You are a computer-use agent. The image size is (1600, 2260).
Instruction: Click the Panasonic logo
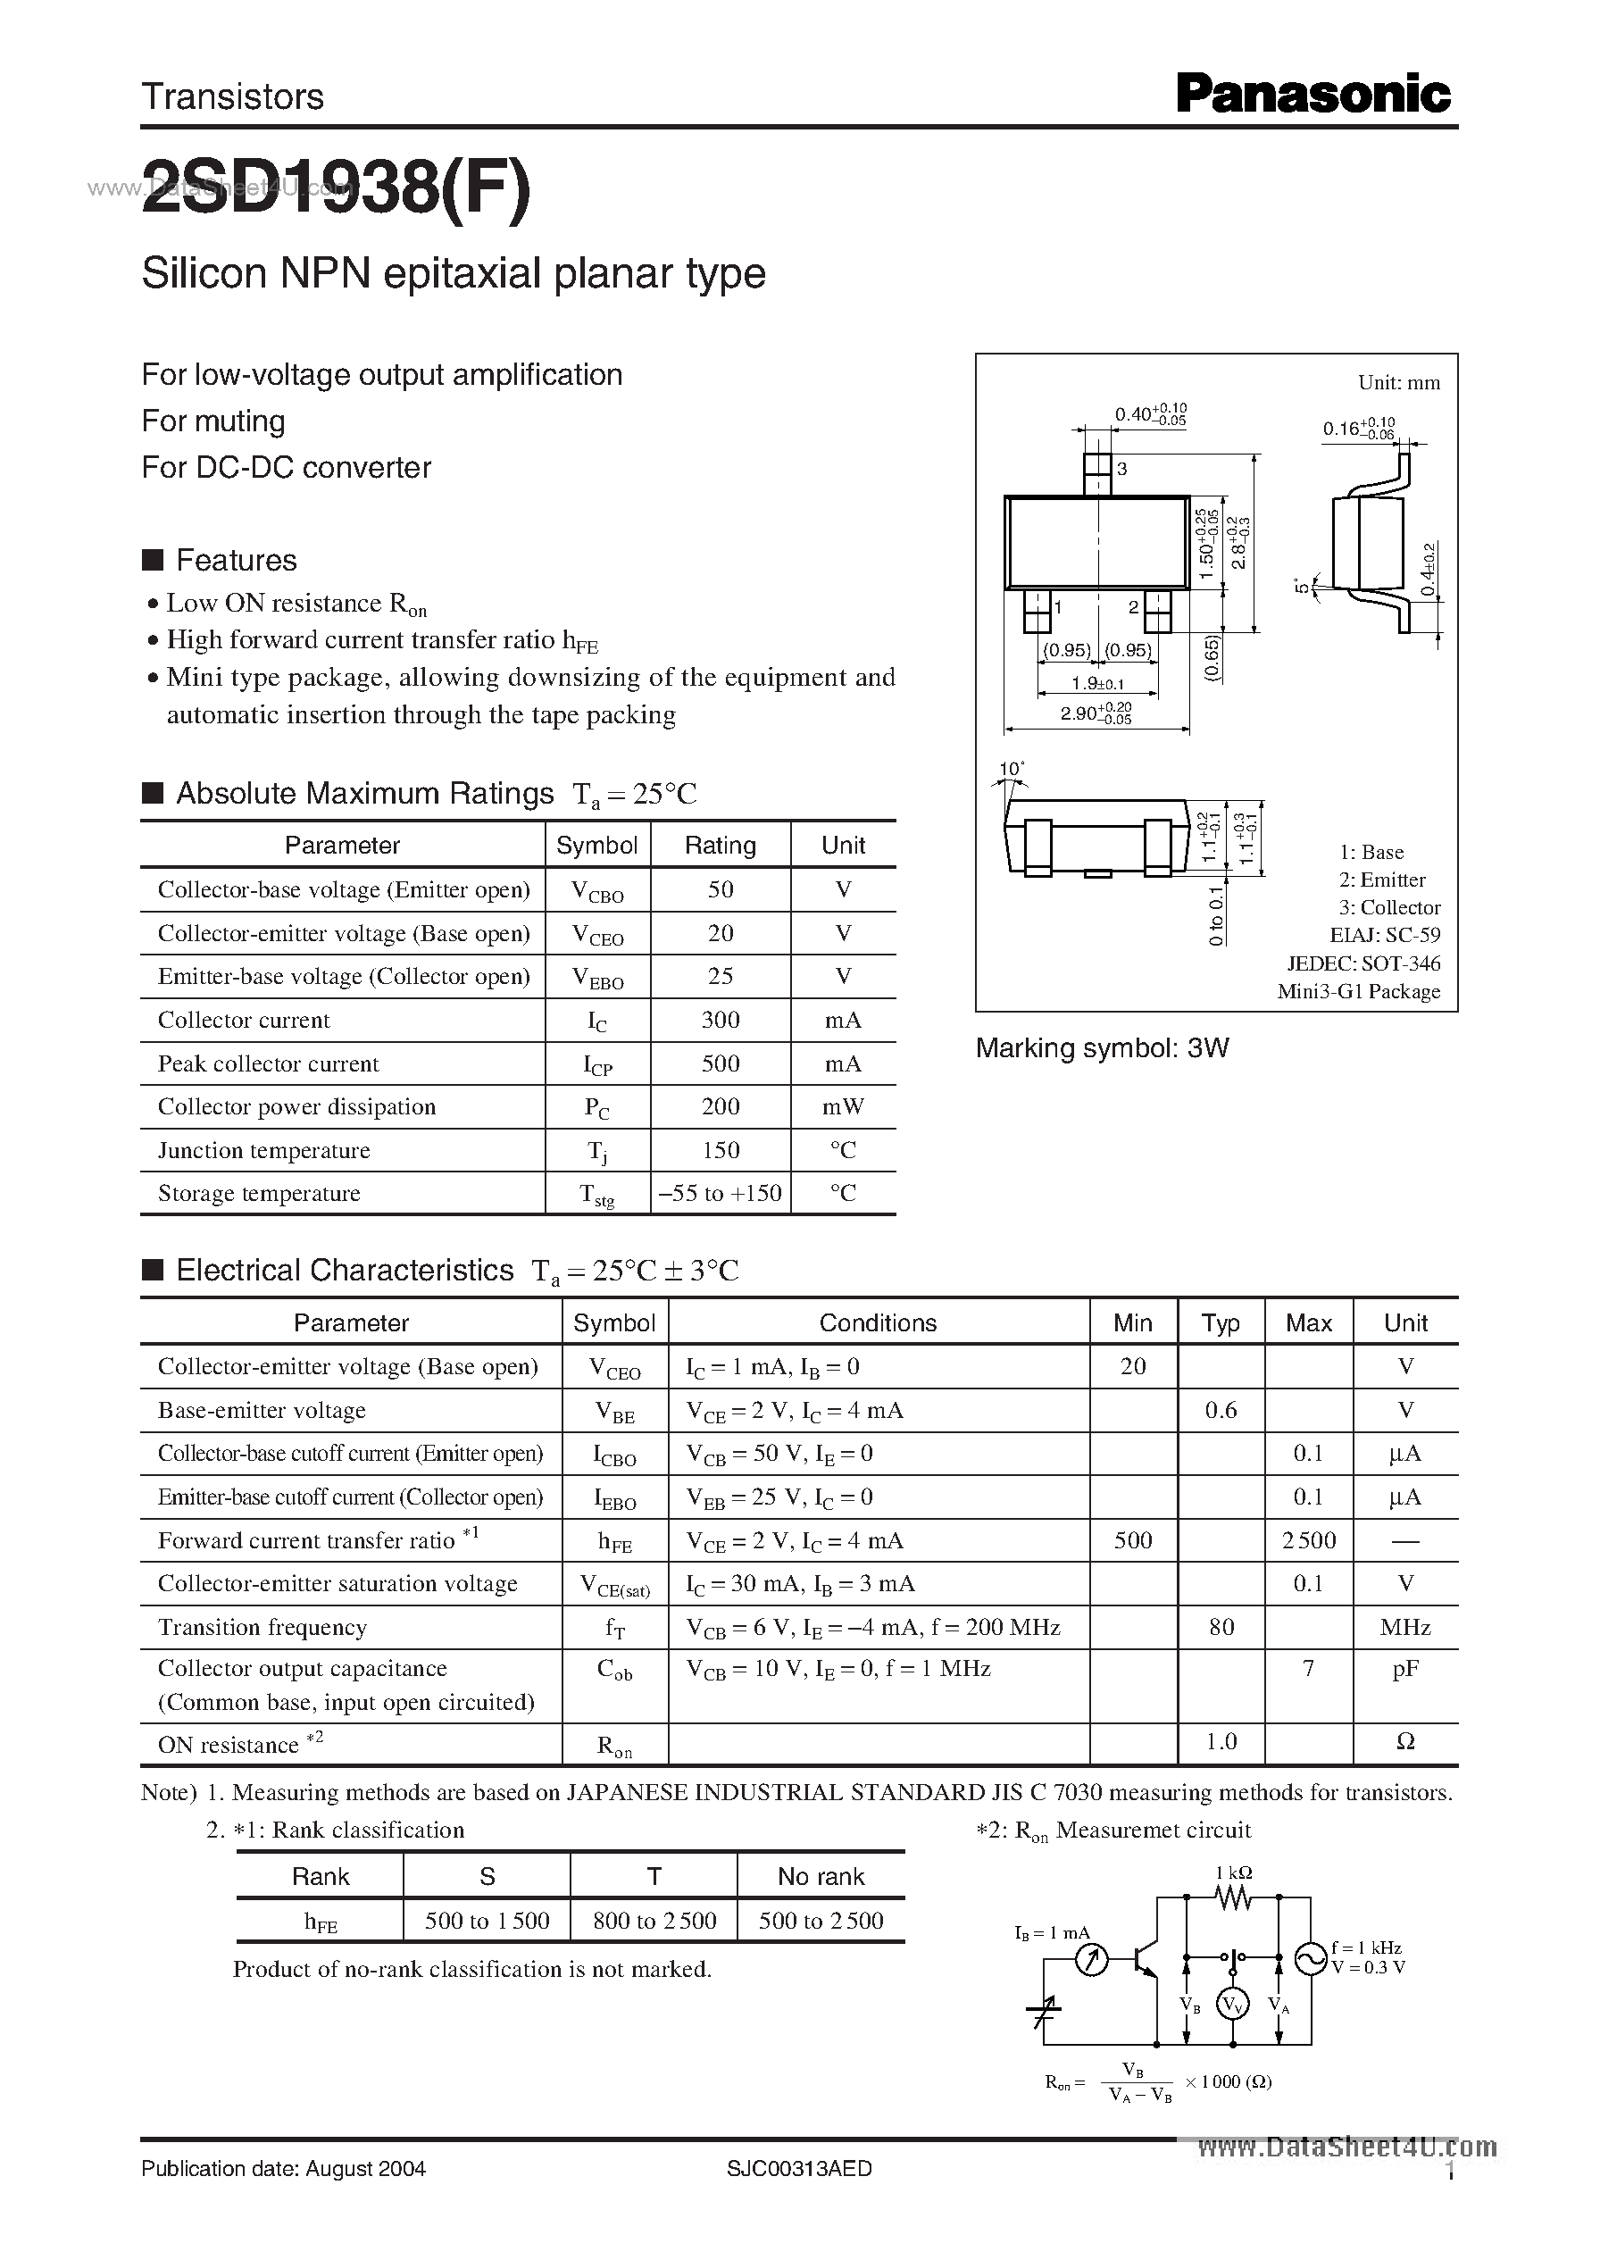(x=1312, y=95)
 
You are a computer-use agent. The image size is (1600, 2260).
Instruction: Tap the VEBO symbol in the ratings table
(x=598, y=977)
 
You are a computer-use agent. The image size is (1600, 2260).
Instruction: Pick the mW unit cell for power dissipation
(x=842, y=1107)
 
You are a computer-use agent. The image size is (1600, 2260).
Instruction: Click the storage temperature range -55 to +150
(x=721, y=1194)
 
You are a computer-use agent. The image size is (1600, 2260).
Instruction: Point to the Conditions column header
(x=878, y=1323)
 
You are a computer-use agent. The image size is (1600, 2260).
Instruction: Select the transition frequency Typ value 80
(x=1221, y=1628)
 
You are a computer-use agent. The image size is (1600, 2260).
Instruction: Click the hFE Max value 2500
(x=1308, y=1541)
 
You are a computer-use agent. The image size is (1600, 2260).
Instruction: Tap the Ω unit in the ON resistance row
(x=1405, y=1743)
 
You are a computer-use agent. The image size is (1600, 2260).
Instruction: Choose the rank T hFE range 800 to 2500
(x=654, y=1921)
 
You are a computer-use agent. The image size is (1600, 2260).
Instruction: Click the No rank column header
(x=821, y=1877)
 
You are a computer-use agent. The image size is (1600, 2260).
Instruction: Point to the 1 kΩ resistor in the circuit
(x=1232, y=1897)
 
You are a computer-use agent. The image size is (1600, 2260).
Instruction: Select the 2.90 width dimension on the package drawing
(x=1096, y=714)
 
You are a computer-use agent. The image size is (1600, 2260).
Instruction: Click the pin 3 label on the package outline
(x=1122, y=470)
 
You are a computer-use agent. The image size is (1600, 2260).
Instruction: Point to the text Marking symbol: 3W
(x=1102, y=1048)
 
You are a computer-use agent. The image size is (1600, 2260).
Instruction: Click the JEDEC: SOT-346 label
(x=1362, y=963)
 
